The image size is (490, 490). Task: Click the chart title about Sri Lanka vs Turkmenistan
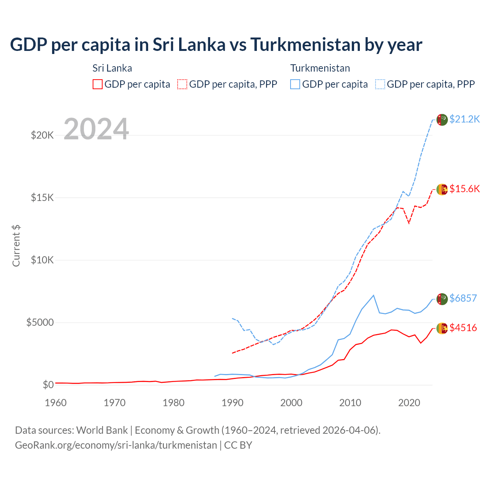[x=216, y=45]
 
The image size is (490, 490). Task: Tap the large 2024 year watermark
[x=96, y=129]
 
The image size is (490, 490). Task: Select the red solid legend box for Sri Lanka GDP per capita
[x=98, y=84]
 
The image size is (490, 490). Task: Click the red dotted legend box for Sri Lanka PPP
[x=182, y=84]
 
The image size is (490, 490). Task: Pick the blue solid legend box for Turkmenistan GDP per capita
[x=295, y=84]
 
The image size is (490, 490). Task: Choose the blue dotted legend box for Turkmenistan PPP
[x=380, y=84]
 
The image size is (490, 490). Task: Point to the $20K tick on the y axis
[x=42, y=135]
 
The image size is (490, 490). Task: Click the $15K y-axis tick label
[x=42, y=198]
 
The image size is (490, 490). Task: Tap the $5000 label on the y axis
[x=40, y=322]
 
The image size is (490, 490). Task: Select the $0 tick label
[x=48, y=385]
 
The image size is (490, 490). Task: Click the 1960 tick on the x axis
[x=56, y=403]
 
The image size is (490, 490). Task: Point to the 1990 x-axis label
[x=232, y=403]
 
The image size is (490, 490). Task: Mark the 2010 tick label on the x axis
[x=350, y=403]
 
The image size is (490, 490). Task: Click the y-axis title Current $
[x=16, y=246]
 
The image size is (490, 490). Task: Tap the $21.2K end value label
[x=464, y=119]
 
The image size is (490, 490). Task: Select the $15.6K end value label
[x=464, y=189]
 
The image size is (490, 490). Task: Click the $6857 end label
[x=463, y=298]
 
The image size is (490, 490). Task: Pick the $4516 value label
[x=463, y=328]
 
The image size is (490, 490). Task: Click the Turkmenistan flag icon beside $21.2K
[x=442, y=120]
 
